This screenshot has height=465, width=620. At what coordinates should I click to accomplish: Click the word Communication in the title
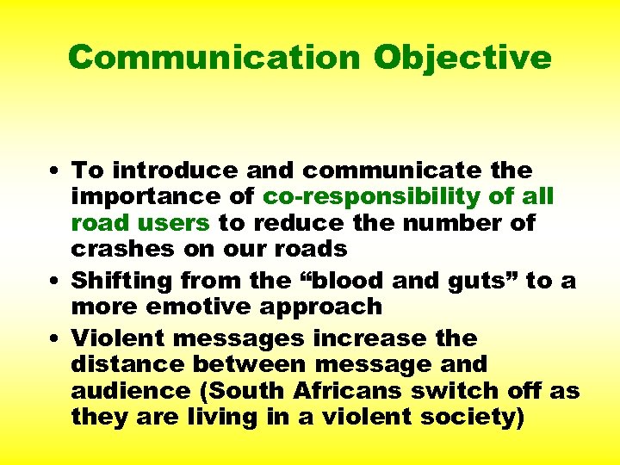coord(214,57)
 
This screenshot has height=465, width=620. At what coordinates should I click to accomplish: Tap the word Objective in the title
coord(462,57)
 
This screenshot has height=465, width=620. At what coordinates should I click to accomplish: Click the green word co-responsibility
coord(373,197)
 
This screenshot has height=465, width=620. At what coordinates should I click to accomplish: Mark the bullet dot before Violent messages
coord(56,338)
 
